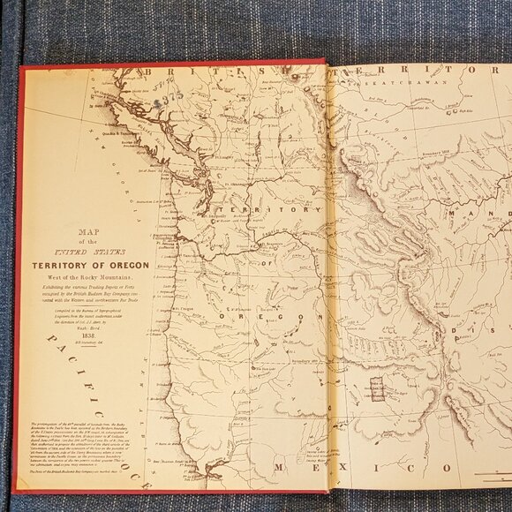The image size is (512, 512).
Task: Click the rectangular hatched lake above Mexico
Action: pos(377,388)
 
